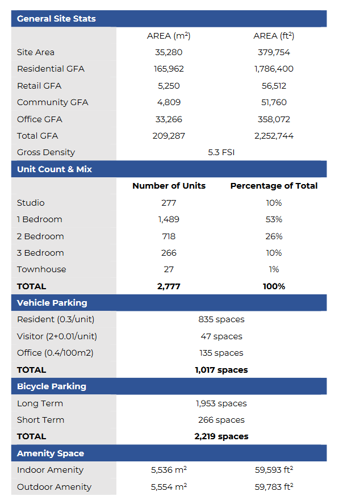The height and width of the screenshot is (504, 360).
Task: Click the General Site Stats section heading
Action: [56, 19]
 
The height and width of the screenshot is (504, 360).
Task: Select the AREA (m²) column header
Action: [169, 36]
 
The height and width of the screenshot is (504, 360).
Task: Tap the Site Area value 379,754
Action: [274, 52]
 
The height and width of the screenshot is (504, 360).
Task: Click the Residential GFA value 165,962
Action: [169, 69]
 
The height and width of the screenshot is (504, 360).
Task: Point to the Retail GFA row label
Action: [39, 86]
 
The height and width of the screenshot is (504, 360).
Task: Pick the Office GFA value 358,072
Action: [274, 119]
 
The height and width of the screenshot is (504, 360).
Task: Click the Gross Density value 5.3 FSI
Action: [221, 152]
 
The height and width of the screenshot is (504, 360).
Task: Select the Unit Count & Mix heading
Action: [55, 169]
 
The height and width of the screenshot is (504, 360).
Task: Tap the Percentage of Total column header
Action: [274, 186]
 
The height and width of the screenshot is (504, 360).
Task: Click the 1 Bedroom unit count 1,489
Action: [169, 219]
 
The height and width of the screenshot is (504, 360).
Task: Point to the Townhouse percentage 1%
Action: [274, 269]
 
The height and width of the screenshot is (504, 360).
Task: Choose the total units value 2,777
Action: [169, 286]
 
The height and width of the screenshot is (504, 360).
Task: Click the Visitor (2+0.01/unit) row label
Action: [57, 336]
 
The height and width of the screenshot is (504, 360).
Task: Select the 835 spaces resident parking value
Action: [221, 319]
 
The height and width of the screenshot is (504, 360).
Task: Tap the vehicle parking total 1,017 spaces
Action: [221, 370]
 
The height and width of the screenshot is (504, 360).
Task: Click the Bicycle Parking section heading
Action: [52, 386]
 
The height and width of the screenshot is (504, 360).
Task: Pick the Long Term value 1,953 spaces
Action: [221, 403]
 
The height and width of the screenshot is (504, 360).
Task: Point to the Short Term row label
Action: [41, 420]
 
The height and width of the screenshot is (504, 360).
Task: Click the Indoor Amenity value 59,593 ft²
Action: [274, 470]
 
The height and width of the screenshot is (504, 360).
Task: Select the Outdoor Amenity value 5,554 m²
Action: [169, 487]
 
